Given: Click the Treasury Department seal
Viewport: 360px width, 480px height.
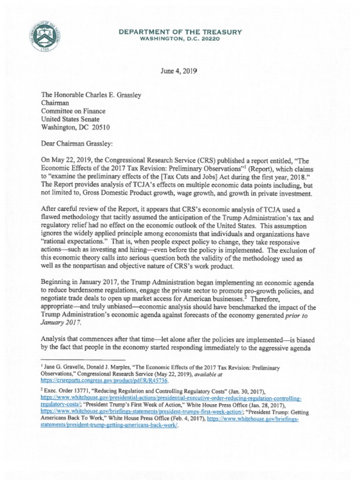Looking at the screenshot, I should (x=46, y=36).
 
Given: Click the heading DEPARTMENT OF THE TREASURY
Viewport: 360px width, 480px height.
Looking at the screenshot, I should (x=180, y=32).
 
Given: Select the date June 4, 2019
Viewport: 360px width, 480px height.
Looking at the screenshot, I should (x=179, y=71).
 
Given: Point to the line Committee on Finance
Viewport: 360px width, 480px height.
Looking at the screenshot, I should (x=73, y=111).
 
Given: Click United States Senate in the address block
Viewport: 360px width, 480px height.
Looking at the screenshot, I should (x=70, y=119).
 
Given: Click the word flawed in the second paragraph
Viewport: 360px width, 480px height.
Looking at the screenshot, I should (x=52, y=217).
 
